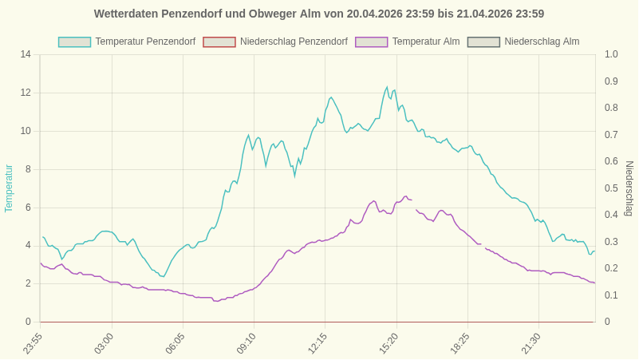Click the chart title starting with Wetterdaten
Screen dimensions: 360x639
tap(319, 14)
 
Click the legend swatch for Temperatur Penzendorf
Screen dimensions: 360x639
tap(74, 42)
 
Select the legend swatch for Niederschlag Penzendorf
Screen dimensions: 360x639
tap(219, 42)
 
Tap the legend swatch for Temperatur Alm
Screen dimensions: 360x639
tap(371, 42)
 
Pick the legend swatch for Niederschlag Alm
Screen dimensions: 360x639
tap(483, 42)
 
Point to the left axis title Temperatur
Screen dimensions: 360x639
tap(9, 188)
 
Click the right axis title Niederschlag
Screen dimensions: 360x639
tap(629, 188)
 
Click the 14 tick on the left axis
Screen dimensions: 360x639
tap(26, 54)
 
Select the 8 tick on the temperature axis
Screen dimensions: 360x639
tap(28, 169)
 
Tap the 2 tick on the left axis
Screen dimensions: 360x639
tap(28, 283)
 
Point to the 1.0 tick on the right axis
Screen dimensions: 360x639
tap(611, 54)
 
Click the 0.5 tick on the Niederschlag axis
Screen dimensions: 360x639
tap(611, 188)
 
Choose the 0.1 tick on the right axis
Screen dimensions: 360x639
tap(611, 295)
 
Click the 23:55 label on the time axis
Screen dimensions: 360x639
tap(33, 343)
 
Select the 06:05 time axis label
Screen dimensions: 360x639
tap(176, 343)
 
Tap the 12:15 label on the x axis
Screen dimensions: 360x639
tap(318, 343)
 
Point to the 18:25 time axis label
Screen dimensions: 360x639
tap(460, 343)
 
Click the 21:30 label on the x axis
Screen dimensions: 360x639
tap(531, 343)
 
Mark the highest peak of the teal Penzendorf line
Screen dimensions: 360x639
tap(387, 87)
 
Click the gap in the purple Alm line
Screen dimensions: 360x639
tap(414, 205)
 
